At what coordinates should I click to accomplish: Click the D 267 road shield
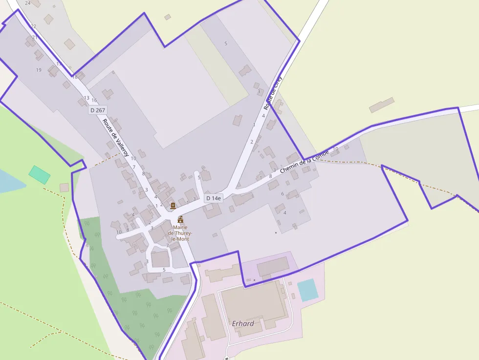[98, 110]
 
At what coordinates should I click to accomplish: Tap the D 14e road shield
[214, 198]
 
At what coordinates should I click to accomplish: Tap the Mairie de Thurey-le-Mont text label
[178, 233]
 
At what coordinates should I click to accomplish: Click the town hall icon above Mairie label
[180, 219]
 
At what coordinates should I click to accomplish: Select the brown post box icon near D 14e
[173, 205]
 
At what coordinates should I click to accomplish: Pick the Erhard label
[243, 323]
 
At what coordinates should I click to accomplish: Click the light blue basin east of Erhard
[308, 290]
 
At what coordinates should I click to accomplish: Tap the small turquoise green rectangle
[39, 175]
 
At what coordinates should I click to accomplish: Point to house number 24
[27, 3]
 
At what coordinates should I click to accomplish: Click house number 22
[33, 26]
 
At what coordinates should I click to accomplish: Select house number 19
[39, 70]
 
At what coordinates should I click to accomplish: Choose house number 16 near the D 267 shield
[94, 101]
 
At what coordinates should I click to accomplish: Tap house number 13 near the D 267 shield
[87, 98]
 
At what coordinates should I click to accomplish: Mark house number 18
[75, 77]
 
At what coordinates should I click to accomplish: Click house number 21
[35, 38]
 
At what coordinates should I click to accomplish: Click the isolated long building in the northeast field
[382, 105]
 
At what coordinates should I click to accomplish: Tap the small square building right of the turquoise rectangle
[65, 188]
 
